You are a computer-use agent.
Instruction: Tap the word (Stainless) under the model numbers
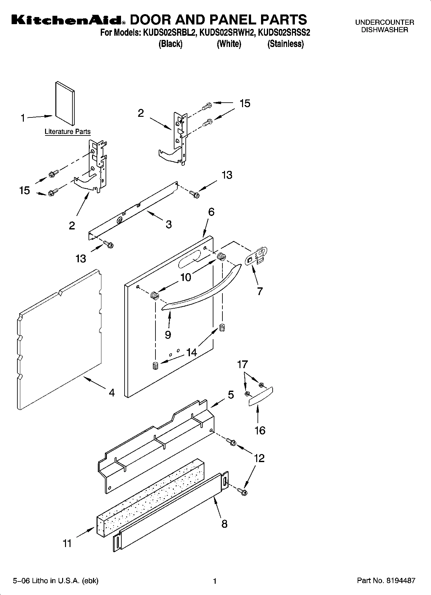[286, 44]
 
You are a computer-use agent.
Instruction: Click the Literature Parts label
[68, 132]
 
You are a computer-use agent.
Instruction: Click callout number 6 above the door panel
[211, 212]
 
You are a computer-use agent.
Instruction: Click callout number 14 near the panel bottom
[192, 352]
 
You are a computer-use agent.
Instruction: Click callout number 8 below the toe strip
[224, 524]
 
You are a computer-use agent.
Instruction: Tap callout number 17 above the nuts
[242, 364]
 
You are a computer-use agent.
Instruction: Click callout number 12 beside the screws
[259, 458]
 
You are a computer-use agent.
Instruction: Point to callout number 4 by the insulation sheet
[111, 393]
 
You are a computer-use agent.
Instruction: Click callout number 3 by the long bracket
[169, 224]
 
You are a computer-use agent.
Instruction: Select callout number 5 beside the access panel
[231, 395]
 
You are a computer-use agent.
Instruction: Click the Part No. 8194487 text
[386, 581]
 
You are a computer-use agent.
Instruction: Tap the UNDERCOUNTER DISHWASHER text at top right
[384, 26]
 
